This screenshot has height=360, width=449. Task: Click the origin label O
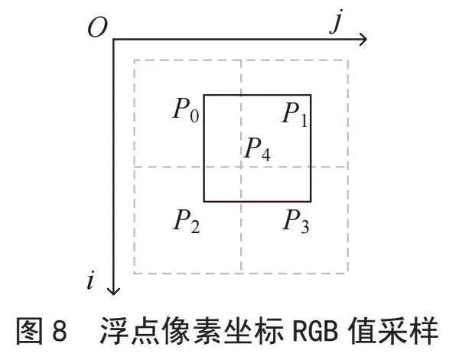click(98, 28)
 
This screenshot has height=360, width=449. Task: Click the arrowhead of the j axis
click(363, 39)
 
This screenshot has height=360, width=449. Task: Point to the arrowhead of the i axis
click(114, 291)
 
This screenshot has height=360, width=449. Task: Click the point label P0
click(186, 110)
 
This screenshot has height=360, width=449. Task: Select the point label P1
click(295, 115)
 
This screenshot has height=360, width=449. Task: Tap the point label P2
click(187, 221)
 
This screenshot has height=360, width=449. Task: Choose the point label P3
click(296, 221)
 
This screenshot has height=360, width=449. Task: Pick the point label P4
click(258, 149)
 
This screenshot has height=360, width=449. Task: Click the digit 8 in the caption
click(60, 330)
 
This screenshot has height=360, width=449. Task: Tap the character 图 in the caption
click(30, 330)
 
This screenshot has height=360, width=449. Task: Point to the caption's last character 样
click(424, 330)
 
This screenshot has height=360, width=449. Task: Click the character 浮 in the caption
click(114, 330)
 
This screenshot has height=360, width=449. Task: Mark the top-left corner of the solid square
click(204, 95)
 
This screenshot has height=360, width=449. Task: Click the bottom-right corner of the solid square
click(311, 202)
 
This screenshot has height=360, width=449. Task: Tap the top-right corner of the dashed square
click(348, 60)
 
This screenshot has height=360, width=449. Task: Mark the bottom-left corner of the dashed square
click(134, 274)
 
